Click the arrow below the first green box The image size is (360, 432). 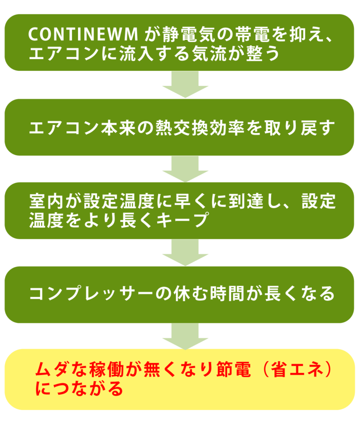(185, 85)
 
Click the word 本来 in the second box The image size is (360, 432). (116, 127)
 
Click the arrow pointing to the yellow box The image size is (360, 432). (185, 336)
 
